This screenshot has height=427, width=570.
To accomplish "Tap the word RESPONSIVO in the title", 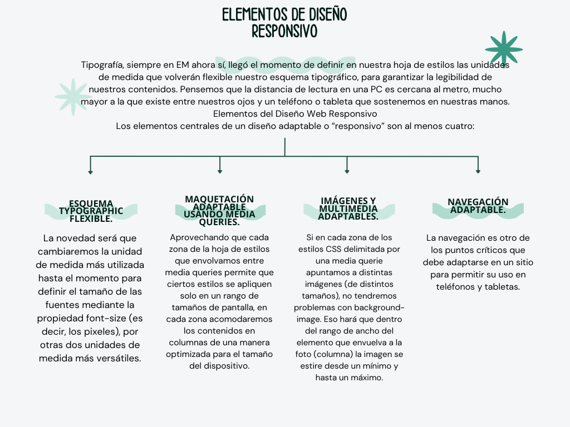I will click(x=284, y=31).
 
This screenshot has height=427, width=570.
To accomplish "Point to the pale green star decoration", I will click(x=73, y=96).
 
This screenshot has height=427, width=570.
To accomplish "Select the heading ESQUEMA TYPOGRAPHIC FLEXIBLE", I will click(x=91, y=211).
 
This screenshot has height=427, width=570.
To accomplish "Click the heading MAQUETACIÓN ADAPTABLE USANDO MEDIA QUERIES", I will click(x=219, y=210).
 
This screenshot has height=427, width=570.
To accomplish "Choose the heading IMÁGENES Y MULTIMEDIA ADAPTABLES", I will click(x=348, y=208).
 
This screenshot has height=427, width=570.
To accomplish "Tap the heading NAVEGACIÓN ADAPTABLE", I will click(x=478, y=206).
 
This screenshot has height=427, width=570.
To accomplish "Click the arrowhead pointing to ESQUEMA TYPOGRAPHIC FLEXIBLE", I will click(x=90, y=172).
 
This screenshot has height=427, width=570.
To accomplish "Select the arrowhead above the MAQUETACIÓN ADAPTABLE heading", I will click(x=220, y=172).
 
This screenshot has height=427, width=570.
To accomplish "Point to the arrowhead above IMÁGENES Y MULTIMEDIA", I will click(x=347, y=172).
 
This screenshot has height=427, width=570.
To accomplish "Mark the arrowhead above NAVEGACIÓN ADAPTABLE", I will click(x=478, y=172).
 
